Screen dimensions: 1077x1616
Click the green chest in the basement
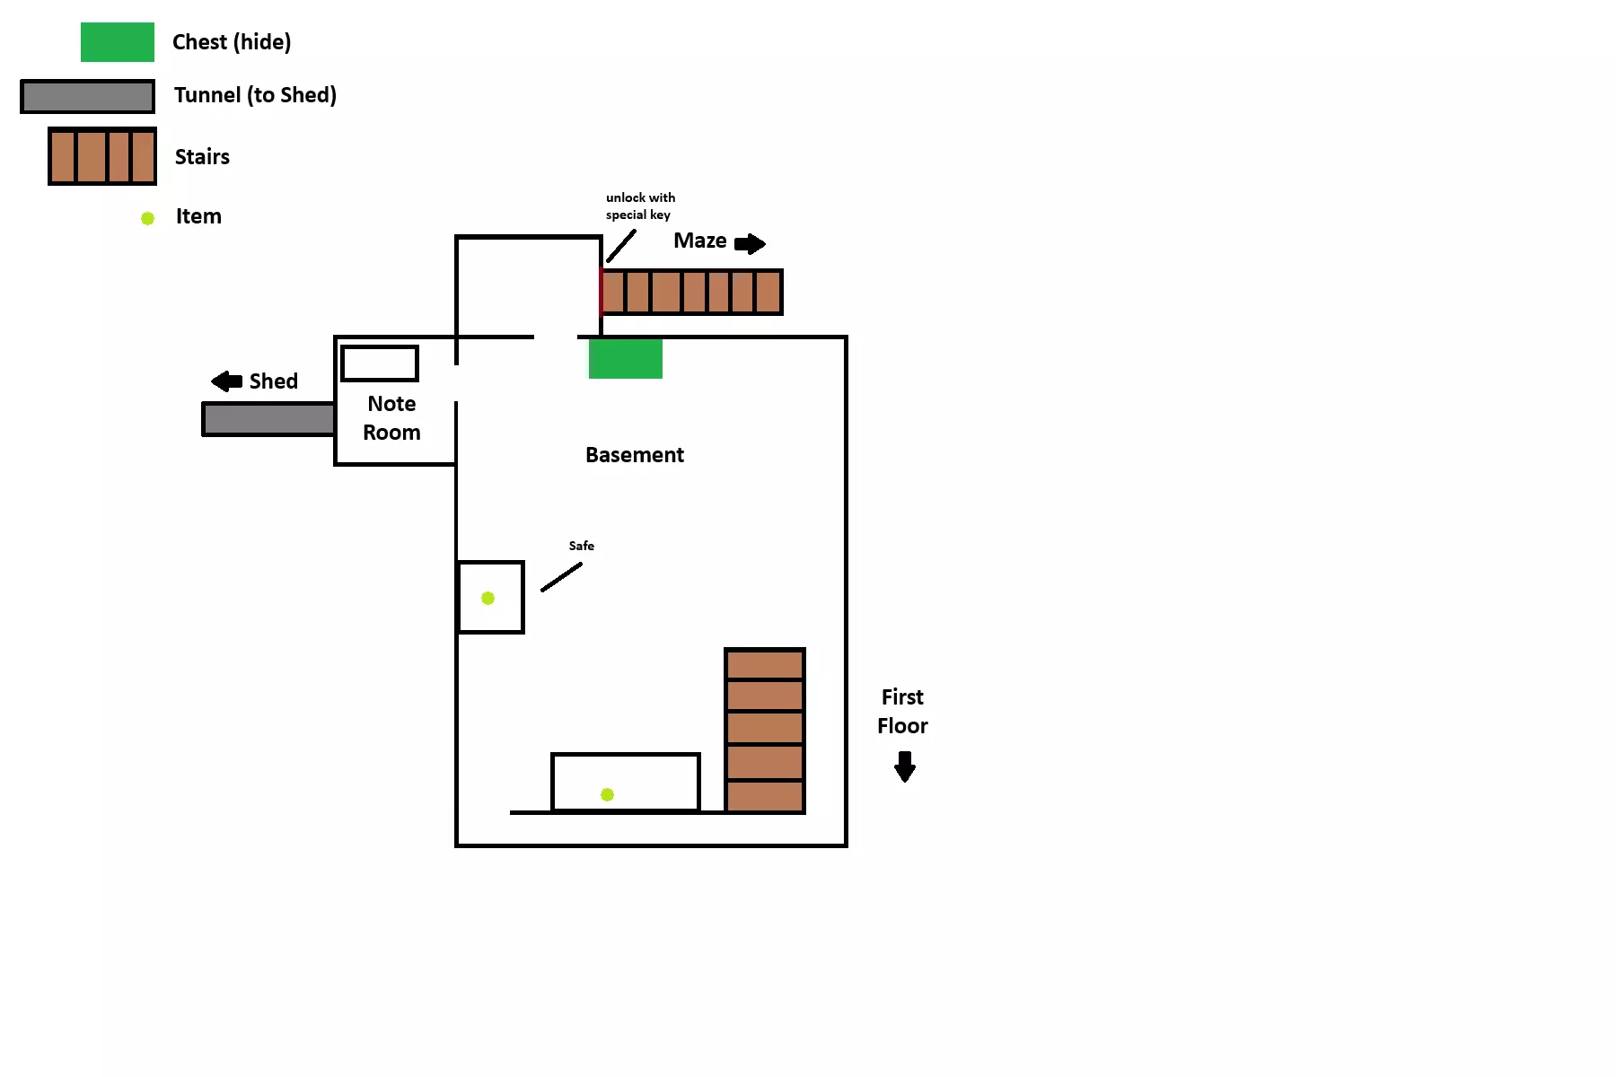626,358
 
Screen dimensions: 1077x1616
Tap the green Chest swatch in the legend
117,42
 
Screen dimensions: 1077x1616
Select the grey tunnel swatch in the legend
88,97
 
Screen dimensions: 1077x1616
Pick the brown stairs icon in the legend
102,156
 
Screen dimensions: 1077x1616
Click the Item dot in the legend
148,218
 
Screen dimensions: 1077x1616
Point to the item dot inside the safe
487,598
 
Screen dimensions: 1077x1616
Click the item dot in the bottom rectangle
607,794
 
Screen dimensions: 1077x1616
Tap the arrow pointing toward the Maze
750,243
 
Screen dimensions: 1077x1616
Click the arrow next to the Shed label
226,381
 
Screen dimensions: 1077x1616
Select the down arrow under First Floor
905,766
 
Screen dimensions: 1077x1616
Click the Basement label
634,455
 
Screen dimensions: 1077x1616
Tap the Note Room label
391,418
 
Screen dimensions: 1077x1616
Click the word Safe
581,546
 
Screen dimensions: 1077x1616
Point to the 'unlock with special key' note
640,206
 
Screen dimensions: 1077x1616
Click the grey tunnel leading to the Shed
268,419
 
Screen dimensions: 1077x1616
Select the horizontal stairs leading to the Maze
691,292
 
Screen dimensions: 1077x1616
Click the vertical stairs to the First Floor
765,731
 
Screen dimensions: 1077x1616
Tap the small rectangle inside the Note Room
380,363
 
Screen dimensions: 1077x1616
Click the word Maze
699,241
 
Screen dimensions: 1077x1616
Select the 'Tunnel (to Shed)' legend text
255,95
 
